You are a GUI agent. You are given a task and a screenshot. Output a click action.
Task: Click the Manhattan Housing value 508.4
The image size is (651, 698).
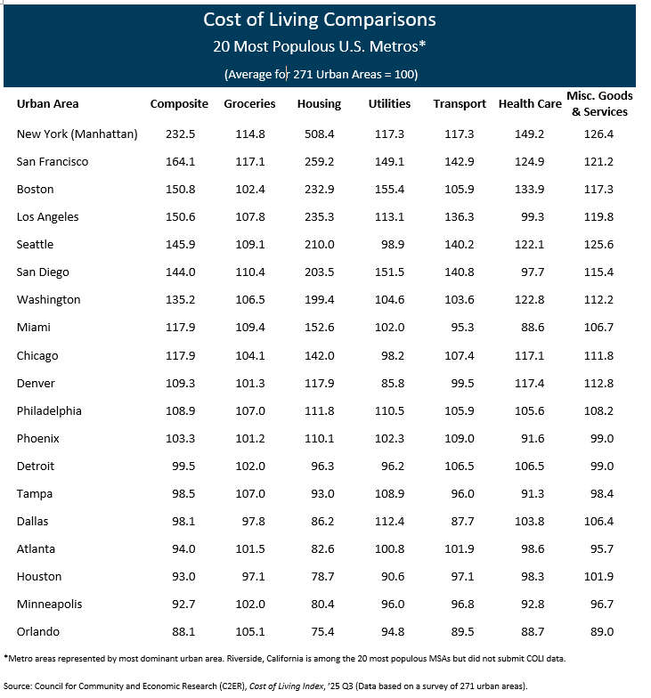pyautogui.click(x=319, y=134)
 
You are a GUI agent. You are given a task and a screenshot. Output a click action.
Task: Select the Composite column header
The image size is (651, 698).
pyautogui.click(x=179, y=103)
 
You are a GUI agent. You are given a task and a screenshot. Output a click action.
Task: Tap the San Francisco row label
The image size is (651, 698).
pyautogui.click(x=53, y=162)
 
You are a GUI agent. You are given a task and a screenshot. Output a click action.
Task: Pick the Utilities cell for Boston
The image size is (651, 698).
pyautogui.click(x=389, y=189)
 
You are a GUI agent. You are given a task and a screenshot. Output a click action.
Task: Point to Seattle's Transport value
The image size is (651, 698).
pyautogui.click(x=460, y=244)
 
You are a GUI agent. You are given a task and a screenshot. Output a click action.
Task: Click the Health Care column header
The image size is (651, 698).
pyautogui.click(x=530, y=103)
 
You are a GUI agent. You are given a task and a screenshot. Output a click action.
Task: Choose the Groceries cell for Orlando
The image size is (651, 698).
pyautogui.click(x=249, y=632)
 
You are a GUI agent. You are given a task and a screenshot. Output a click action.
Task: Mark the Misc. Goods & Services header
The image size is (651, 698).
pyautogui.click(x=599, y=103)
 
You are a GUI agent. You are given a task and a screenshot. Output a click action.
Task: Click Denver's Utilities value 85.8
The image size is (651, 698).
pyautogui.click(x=389, y=383)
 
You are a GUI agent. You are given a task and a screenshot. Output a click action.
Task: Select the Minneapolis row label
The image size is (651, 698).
pyautogui.click(x=49, y=604)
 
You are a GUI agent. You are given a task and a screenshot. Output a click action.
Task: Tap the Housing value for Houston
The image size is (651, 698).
pyautogui.click(x=319, y=577)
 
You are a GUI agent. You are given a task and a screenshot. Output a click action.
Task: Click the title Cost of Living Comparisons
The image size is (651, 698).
pyautogui.click(x=320, y=20)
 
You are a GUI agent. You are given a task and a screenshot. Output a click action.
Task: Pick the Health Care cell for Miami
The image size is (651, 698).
pyautogui.click(x=530, y=328)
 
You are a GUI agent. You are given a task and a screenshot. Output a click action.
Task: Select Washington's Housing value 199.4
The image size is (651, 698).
pyautogui.click(x=319, y=299)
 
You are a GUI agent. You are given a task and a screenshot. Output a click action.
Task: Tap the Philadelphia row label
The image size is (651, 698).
pyautogui.click(x=49, y=411)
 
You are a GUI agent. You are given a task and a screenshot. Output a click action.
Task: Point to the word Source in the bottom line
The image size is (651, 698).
pyautogui.click(x=21, y=686)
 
